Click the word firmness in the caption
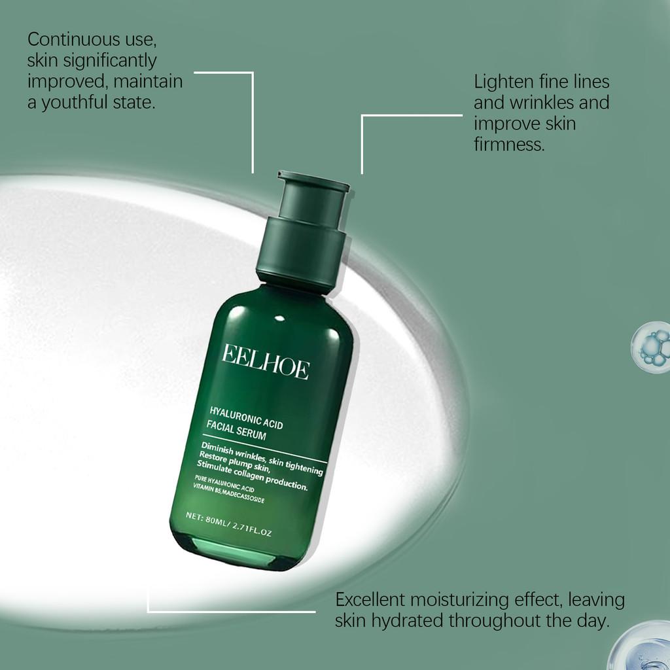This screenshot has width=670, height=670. [509, 145]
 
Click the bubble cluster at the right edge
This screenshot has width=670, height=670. [652, 347]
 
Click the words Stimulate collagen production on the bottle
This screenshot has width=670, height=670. [253, 475]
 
